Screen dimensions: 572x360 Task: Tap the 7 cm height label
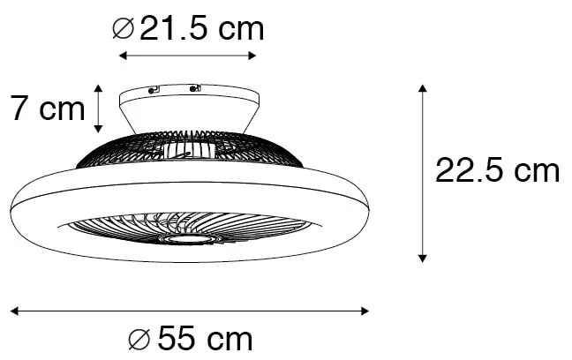tap(48, 108)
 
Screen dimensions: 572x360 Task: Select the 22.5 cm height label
tap(497, 170)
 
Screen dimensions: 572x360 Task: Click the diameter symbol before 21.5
tap(124, 29)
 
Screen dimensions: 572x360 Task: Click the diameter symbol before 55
tap(139, 339)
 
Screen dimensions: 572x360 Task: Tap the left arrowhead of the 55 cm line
tap(15, 311)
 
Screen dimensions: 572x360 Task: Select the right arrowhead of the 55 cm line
tap(365, 311)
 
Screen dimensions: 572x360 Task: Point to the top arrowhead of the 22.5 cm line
tap(422, 88)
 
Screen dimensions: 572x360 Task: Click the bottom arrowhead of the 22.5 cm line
tap(422, 259)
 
